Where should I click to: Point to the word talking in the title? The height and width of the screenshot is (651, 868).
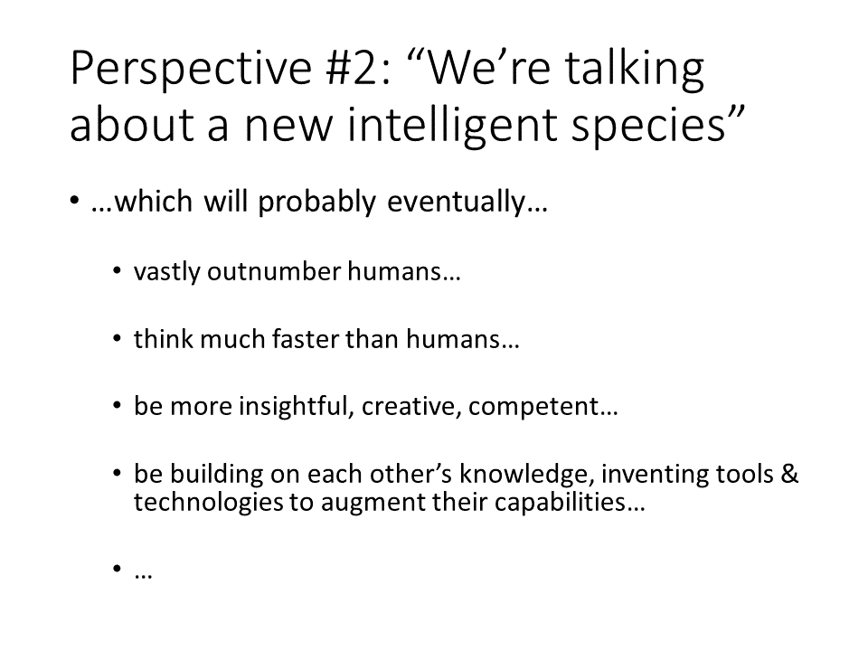635,69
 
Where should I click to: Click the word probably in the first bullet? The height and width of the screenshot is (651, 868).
316,202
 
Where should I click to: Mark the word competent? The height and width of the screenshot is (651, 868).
533,407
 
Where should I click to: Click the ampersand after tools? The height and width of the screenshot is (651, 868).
789,475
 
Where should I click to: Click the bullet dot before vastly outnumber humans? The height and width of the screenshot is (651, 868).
117,271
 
